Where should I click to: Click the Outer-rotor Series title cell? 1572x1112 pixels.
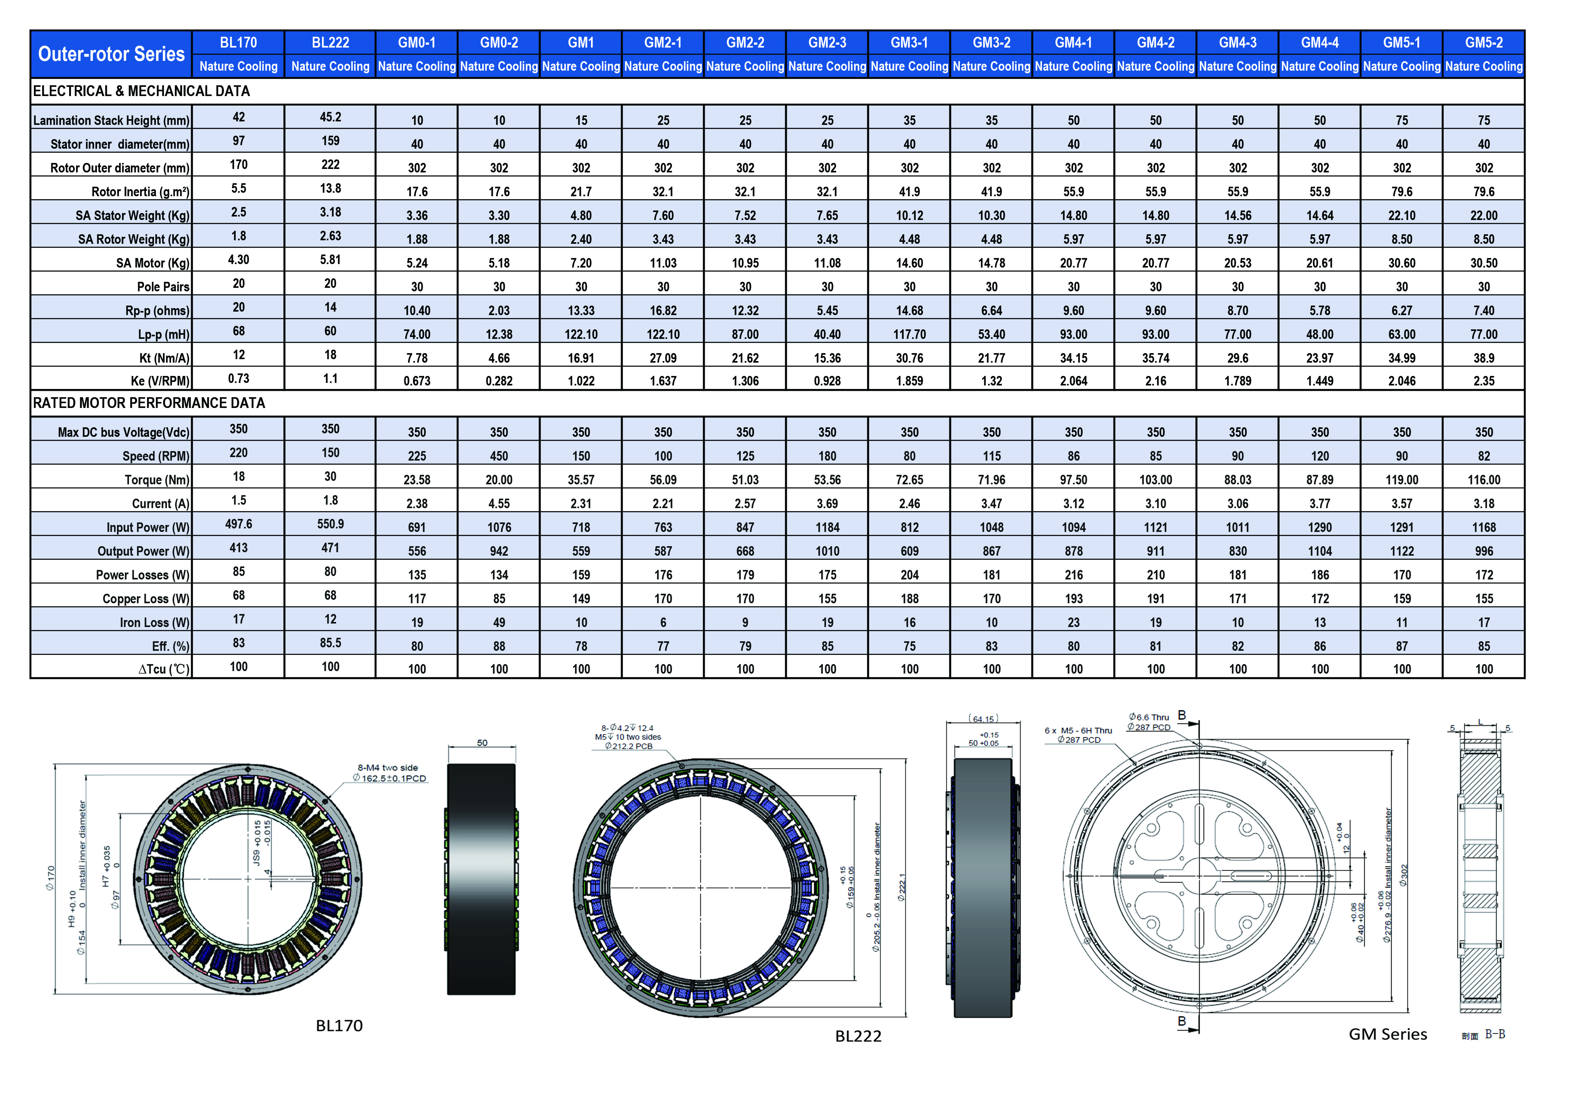[112, 54]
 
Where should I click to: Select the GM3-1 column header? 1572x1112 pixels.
[909, 42]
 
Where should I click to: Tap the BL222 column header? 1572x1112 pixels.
[331, 42]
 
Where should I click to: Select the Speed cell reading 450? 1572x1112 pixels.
[499, 456]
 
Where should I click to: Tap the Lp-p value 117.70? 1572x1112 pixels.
[909, 334]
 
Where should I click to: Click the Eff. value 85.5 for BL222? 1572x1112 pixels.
[331, 643]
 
